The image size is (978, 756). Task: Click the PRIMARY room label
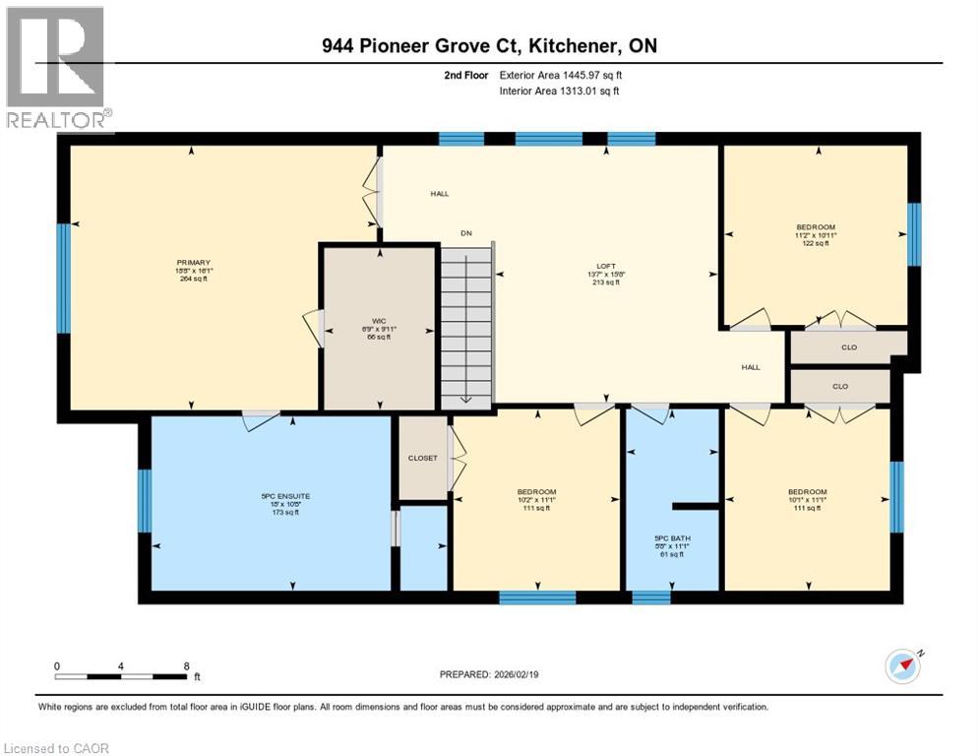[x=194, y=262]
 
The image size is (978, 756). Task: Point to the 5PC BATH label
[x=673, y=538]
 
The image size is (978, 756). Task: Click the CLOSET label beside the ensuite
[x=423, y=458]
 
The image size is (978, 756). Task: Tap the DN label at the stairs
[x=466, y=233]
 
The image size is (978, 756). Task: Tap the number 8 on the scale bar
[x=186, y=665]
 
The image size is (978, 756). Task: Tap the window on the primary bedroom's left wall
[x=64, y=278]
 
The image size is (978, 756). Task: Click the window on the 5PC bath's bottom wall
[x=650, y=597]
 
